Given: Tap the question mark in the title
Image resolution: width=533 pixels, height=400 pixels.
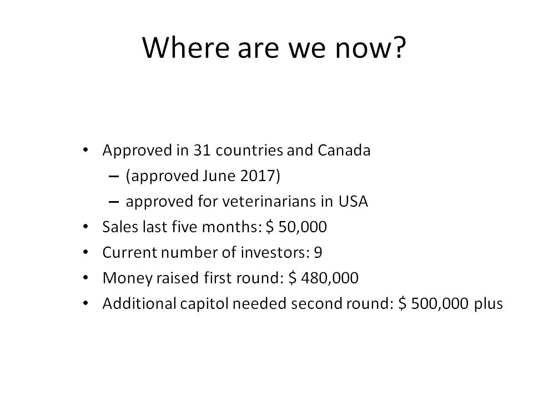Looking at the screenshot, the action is coord(400,47).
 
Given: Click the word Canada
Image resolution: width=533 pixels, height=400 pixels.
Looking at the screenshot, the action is coord(344,151).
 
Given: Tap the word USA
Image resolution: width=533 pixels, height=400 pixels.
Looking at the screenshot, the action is coord(353,201).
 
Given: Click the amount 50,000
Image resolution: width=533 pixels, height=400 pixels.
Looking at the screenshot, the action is coord(303,227).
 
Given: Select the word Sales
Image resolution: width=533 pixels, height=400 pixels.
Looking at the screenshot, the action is coord(120,227).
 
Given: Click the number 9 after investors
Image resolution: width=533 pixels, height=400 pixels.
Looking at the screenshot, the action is coord(318,252).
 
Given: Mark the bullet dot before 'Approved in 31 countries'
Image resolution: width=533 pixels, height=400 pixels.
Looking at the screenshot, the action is coord(86,149).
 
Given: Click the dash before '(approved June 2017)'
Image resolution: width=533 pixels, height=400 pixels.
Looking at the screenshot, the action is coord(113,177).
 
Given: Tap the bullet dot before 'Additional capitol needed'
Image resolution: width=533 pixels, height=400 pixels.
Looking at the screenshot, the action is coord(86,303).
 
